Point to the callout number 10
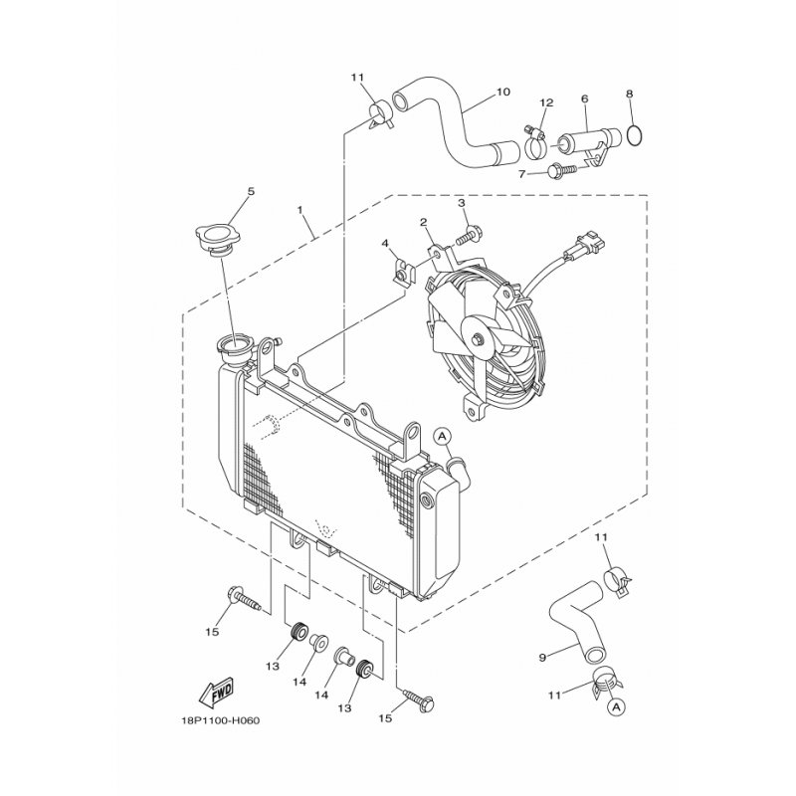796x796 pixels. (x=502, y=93)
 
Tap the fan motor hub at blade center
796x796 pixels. (x=481, y=340)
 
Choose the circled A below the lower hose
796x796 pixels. (x=616, y=707)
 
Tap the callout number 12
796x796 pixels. (x=546, y=102)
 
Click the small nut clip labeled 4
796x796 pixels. (x=404, y=271)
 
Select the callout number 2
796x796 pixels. (x=423, y=222)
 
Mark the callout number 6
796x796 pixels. (x=584, y=99)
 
